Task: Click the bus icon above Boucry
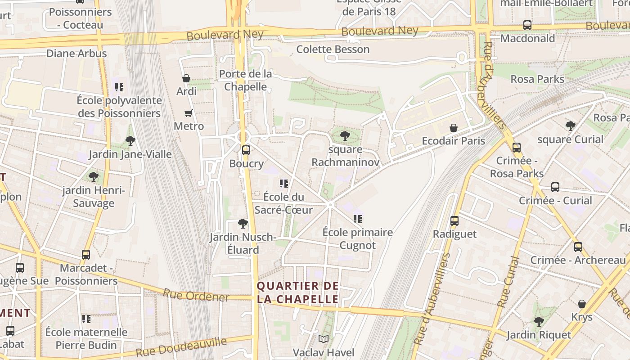tap(246, 150)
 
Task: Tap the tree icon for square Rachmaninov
tap(345, 136)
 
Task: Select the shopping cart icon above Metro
tap(189, 113)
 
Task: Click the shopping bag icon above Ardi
tap(186, 78)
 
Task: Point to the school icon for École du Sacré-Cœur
tap(283, 184)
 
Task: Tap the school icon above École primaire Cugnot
tap(358, 219)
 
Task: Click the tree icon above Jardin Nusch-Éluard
tap(243, 224)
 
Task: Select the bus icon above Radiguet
tap(454, 221)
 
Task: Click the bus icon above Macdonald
tap(527, 25)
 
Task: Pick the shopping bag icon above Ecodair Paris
tap(454, 128)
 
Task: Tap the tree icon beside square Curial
tap(571, 126)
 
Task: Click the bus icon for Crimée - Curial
tap(555, 187)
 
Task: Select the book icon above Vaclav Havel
tap(324, 339)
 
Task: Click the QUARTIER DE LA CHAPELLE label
tap(297, 292)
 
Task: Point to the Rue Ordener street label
tap(196, 295)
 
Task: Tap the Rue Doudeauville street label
tap(181, 347)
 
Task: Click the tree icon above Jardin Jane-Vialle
tap(130, 141)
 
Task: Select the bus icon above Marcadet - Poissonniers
tap(86, 255)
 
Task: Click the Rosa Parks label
tap(537, 79)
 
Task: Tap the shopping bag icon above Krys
tap(582, 304)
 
